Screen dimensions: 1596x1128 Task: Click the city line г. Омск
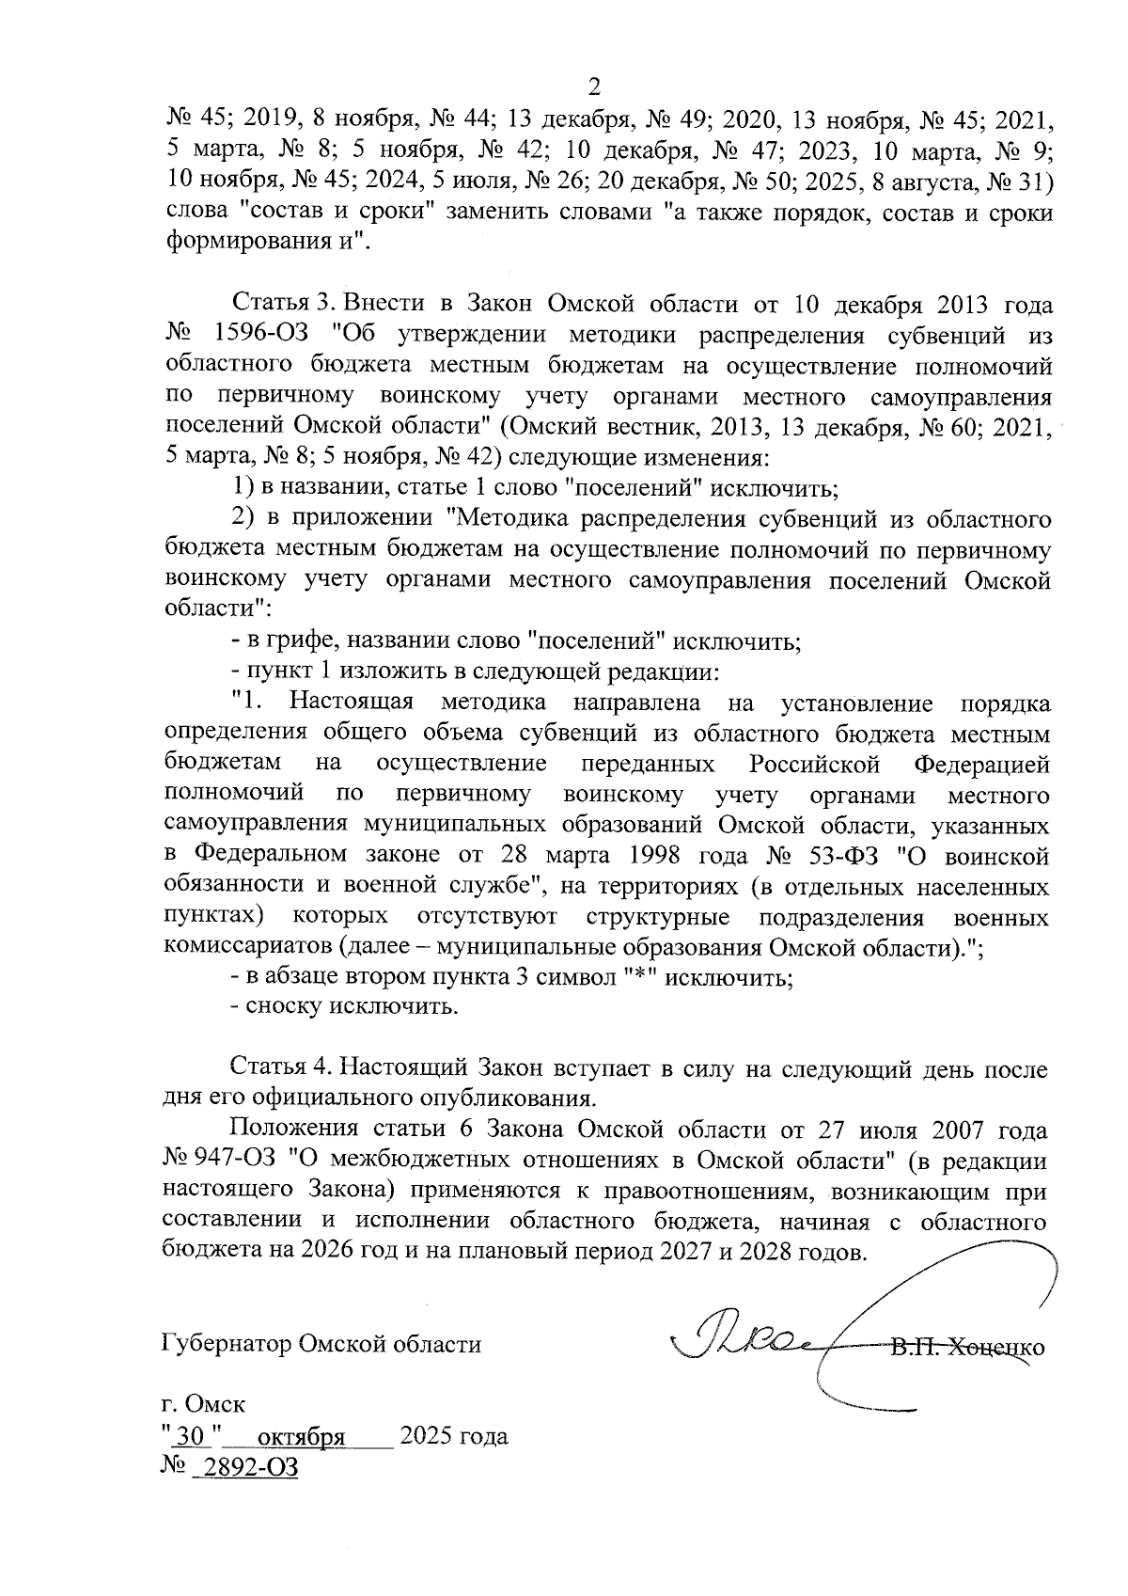coord(203,1405)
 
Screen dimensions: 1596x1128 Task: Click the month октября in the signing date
coord(301,1437)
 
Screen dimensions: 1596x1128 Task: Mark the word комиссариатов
coord(247,947)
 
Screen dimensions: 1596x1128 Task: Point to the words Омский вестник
coord(611,428)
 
